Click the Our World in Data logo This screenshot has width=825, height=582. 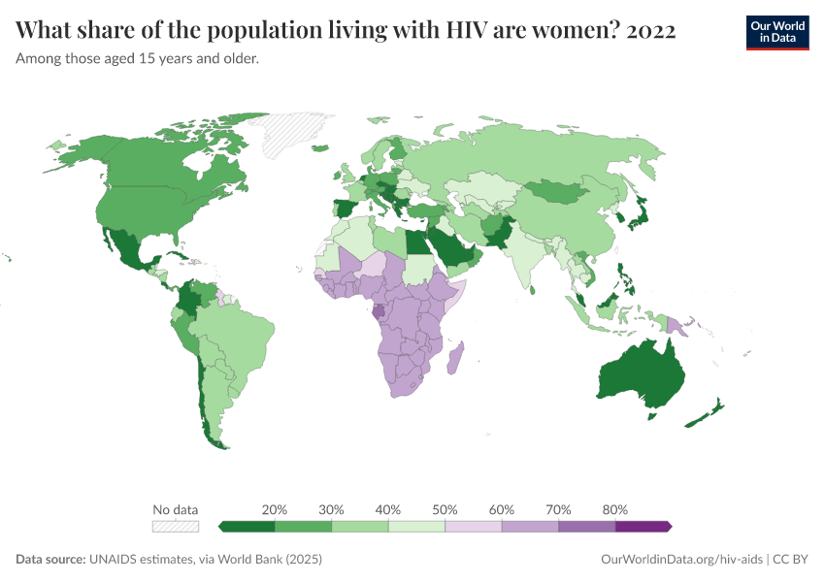tap(777, 32)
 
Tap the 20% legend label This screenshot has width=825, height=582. tap(275, 509)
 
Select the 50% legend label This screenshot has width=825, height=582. tap(445, 509)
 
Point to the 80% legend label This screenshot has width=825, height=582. tap(614, 509)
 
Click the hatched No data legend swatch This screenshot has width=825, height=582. tap(176, 526)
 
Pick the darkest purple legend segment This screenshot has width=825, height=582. tap(643, 526)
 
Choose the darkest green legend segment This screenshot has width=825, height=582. tap(247, 526)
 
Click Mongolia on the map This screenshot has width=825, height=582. tap(561, 191)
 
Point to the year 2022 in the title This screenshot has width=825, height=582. tap(651, 31)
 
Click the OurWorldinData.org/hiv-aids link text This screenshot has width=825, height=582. tap(681, 560)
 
